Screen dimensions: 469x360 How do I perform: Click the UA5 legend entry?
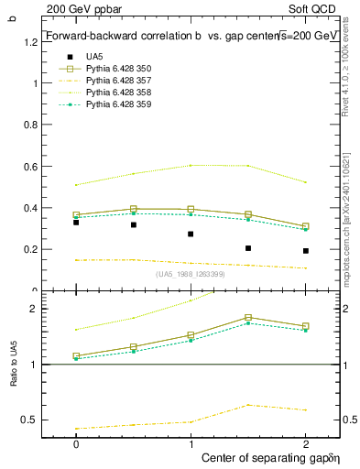(x=94, y=56)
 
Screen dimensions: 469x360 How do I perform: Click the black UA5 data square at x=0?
(x=76, y=223)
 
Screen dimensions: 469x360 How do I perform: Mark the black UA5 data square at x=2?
(x=306, y=250)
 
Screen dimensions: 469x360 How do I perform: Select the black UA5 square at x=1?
(x=191, y=234)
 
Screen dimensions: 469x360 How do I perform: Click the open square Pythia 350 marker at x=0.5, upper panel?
(x=134, y=209)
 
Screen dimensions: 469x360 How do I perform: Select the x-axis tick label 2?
(x=306, y=443)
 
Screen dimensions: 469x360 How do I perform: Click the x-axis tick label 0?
(x=76, y=443)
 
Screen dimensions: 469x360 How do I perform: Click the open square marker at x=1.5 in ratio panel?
(x=248, y=318)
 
